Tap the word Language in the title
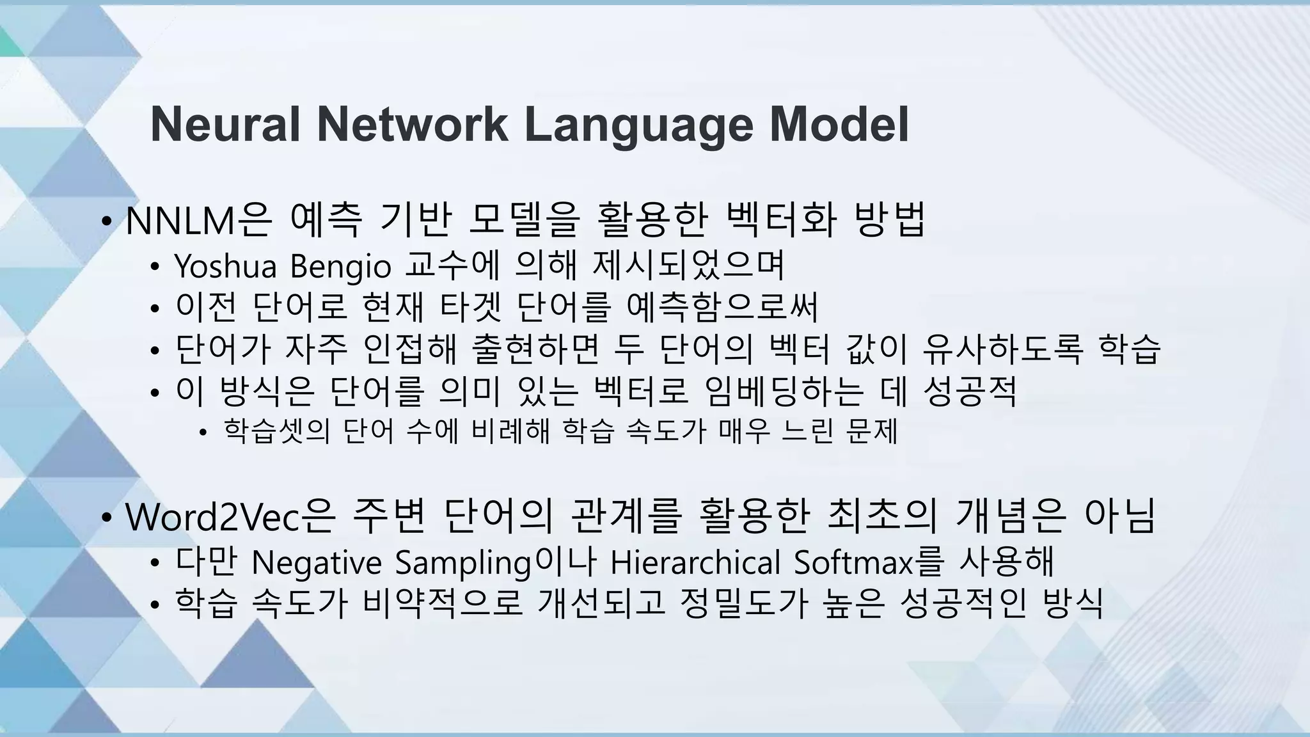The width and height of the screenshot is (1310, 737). (639, 125)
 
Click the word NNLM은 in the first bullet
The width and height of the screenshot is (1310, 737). (199, 220)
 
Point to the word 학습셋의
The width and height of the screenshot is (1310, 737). (276, 431)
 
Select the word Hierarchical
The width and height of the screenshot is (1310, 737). (695, 562)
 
